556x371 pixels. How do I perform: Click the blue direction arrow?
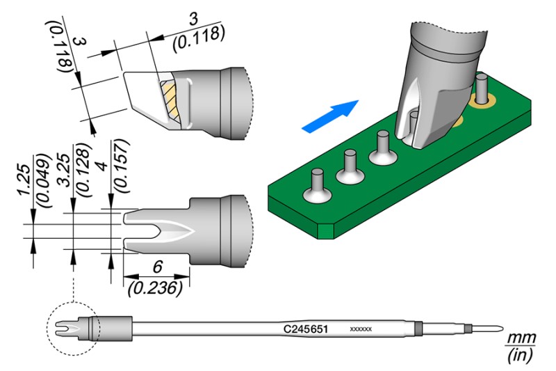(x=331, y=116)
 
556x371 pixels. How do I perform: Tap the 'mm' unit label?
(x=521, y=338)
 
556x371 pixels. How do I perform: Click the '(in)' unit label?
(x=521, y=356)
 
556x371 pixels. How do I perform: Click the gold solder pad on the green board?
(x=478, y=102)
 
